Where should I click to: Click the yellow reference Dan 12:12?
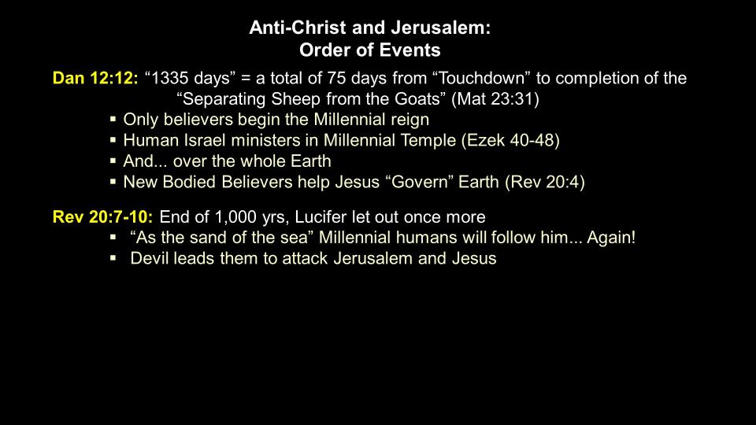[95, 78]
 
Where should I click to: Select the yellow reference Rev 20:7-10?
[102, 217]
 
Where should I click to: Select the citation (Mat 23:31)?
[495, 99]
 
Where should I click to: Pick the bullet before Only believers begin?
[113, 119]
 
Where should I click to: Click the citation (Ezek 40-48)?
[510, 140]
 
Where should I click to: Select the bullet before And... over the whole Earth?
[113, 161]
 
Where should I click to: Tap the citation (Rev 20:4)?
[545, 182]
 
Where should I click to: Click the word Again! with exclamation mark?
[611, 238]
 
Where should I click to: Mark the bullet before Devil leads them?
[113, 258]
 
